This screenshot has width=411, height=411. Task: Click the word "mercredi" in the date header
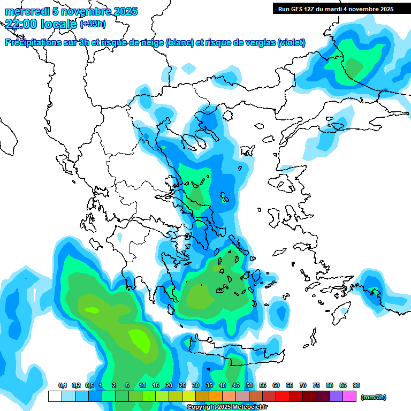coord(24,11)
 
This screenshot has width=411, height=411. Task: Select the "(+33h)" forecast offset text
coord(93,24)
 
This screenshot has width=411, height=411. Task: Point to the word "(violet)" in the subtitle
coord(291,42)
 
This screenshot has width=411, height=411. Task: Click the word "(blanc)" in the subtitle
coord(180,42)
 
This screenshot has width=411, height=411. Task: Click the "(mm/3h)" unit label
coord(374,397)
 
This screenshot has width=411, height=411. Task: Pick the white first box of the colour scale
coord(55,397)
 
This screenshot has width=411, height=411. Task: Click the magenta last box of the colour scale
coord(349,397)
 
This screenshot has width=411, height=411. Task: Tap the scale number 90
coord(356,385)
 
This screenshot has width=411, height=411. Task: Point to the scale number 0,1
coord(62,385)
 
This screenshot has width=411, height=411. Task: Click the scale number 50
coord(249,385)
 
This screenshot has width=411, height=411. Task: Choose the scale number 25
coord(182,385)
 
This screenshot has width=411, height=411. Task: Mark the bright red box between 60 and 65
coord(283,397)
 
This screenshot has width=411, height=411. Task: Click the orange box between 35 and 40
coord(216,397)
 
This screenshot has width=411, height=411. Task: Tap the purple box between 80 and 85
coord(336,397)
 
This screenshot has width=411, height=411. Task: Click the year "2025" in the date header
coord(125,11)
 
